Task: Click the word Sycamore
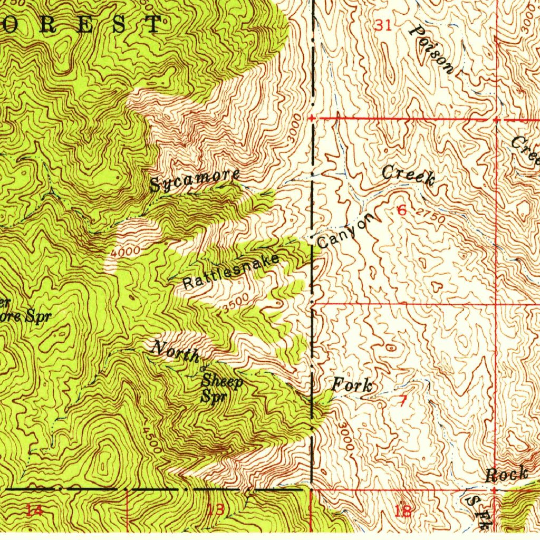click(x=195, y=181)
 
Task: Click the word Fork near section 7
click(x=352, y=385)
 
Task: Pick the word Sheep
click(x=223, y=381)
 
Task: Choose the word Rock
click(x=506, y=474)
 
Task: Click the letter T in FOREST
click(x=153, y=25)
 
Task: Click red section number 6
click(x=402, y=210)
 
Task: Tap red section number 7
click(x=402, y=401)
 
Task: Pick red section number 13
click(x=215, y=509)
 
